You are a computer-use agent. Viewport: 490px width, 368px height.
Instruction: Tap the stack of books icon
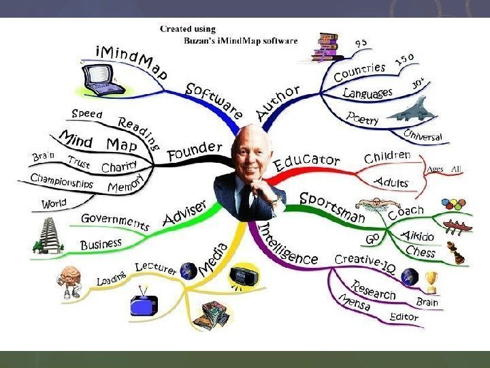tap(327, 48)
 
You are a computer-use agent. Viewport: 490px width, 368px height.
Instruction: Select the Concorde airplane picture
tap(408, 109)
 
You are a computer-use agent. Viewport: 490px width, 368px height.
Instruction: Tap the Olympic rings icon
tap(454, 204)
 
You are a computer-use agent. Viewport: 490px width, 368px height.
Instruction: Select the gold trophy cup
tap(430, 279)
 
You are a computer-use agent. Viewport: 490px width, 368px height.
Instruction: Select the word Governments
tap(116, 221)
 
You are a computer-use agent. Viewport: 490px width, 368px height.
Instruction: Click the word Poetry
tap(363, 118)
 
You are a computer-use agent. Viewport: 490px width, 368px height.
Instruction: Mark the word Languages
tap(367, 91)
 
